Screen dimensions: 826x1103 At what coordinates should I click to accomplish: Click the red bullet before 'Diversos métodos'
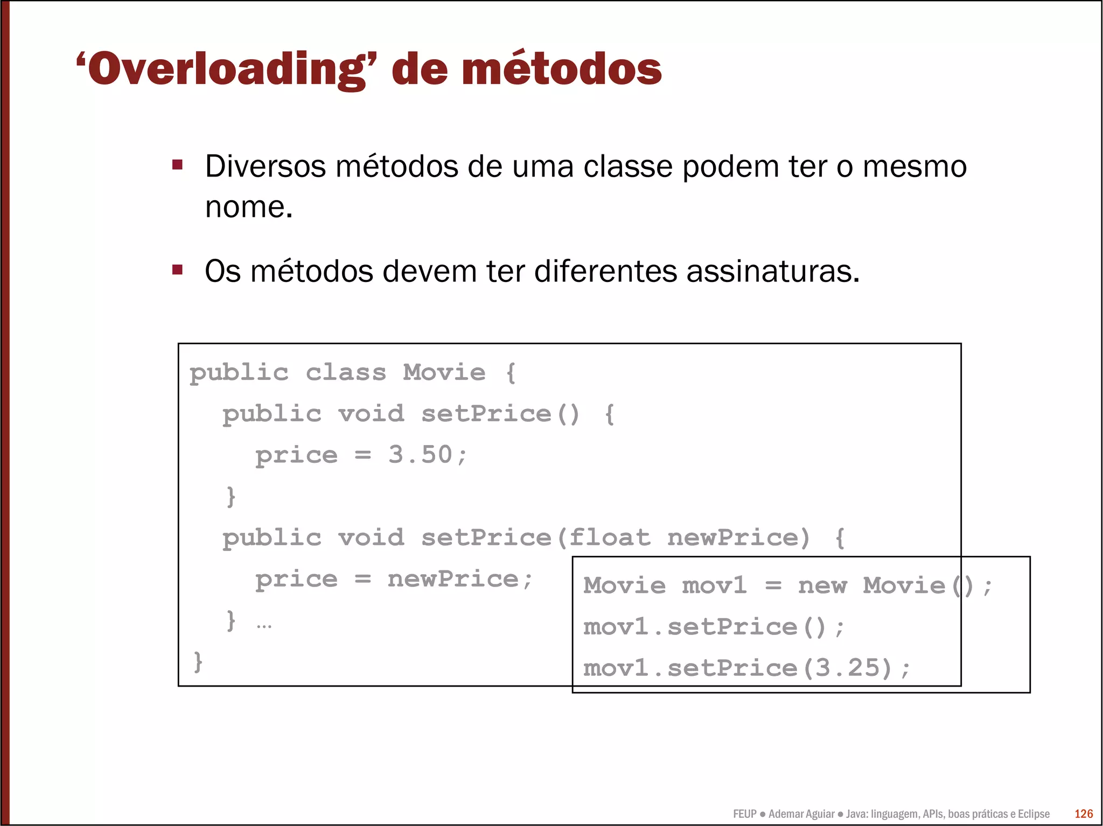click(178, 164)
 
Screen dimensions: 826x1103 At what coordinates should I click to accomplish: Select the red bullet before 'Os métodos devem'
click(178, 269)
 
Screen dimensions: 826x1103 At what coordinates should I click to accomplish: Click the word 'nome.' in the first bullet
click(249, 207)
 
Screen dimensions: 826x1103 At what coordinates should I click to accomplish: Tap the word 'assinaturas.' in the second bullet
click(773, 271)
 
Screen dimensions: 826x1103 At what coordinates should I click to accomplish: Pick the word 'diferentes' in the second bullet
click(605, 271)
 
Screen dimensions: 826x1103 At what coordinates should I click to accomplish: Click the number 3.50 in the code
click(420, 455)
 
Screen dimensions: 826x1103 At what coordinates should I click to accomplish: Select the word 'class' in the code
click(346, 372)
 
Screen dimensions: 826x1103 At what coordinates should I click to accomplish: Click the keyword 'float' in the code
click(609, 538)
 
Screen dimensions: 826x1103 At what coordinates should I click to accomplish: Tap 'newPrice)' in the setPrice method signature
click(738, 538)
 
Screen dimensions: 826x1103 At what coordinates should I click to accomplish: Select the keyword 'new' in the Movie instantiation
click(822, 585)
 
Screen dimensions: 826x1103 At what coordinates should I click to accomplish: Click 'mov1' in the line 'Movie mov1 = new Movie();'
click(714, 585)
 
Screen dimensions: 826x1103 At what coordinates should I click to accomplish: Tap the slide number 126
click(1084, 814)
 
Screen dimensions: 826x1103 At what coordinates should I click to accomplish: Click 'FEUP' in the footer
click(744, 814)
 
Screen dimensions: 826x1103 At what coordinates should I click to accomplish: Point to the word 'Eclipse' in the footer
click(1033, 814)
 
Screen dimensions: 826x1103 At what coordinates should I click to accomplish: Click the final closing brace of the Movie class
click(198, 661)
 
